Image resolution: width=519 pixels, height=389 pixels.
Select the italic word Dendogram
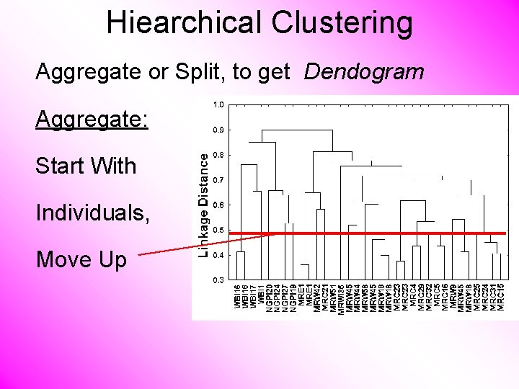(x=364, y=72)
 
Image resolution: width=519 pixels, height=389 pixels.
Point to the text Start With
(x=86, y=166)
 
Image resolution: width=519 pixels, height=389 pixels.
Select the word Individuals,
(x=93, y=213)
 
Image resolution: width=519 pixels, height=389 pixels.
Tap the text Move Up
(x=81, y=259)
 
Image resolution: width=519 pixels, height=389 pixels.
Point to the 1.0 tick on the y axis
(x=218, y=105)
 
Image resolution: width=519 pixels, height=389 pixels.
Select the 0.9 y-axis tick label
(x=218, y=130)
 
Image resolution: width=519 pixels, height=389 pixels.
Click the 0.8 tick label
(x=218, y=155)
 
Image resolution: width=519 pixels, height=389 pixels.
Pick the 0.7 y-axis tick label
(x=218, y=180)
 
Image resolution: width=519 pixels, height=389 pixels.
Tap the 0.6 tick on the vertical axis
(x=218, y=205)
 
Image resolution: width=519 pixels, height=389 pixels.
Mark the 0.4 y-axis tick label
(x=218, y=255)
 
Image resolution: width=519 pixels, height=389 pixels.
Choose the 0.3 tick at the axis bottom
(x=218, y=280)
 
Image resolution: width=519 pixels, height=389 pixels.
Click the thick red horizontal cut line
(x=375, y=233)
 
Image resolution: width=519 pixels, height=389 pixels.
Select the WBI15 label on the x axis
(x=239, y=298)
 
